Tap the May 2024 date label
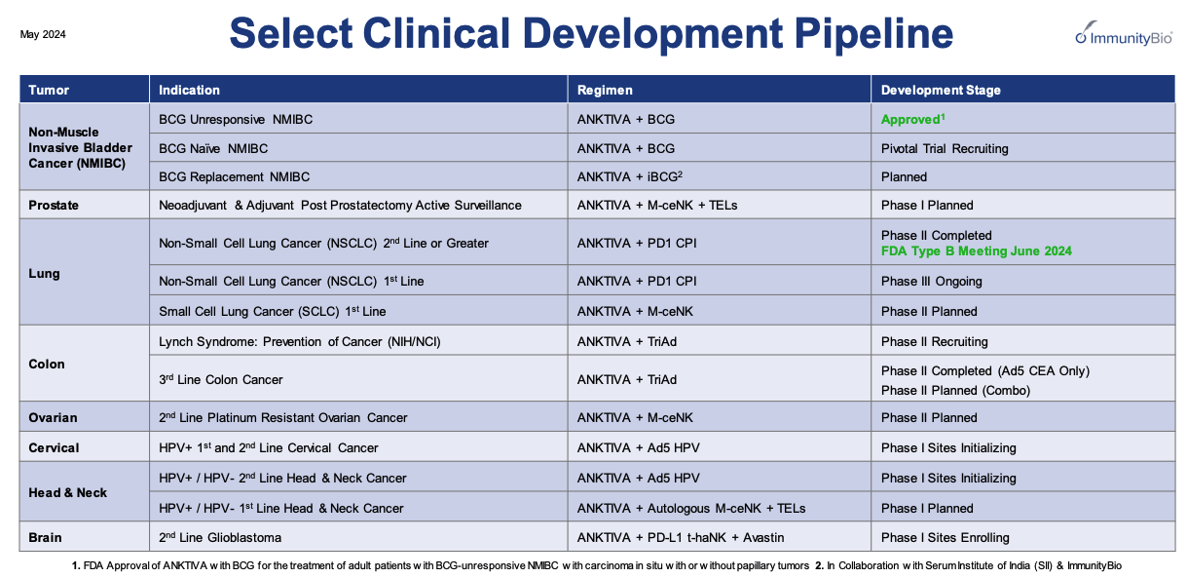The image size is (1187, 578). (43, 34)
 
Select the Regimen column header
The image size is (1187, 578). (605, 90)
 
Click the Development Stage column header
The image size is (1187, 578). (941, 90)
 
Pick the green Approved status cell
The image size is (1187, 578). (912, 119)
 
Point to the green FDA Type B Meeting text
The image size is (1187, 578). (976, 250)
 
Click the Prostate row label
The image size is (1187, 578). (54, 206)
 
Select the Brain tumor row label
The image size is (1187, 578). (45, 537)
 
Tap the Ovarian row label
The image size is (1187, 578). (53, 417)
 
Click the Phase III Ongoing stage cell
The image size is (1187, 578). (931, 281)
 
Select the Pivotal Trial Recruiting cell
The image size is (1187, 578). (944, 148)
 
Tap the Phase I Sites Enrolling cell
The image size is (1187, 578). (945, 537)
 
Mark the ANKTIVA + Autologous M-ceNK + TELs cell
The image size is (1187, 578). (690, 508)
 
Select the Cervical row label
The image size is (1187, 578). (54, 447)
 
